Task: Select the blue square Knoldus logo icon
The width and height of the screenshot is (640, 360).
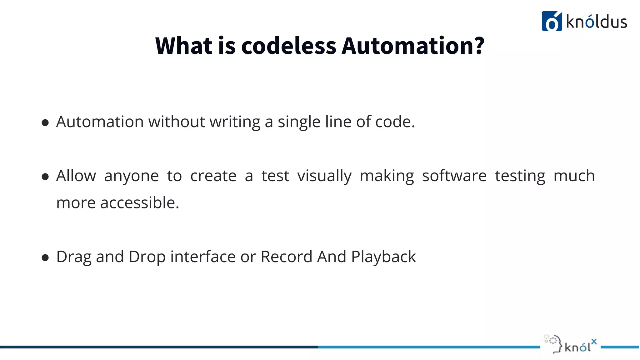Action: click(552, 21)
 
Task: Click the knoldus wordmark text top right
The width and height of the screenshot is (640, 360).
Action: click(596, 22)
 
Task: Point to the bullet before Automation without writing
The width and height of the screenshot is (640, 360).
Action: click(45, 122)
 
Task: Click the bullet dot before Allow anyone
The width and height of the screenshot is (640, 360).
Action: click(45, 177)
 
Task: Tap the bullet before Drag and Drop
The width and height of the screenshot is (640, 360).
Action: click(45, 258)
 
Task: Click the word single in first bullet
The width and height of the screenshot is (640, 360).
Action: click(299, 122)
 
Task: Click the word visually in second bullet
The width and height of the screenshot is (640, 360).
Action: click(324, 176)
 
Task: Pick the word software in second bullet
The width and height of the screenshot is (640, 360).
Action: click(454, 176)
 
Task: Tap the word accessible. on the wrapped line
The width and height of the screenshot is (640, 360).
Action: click(140, 203)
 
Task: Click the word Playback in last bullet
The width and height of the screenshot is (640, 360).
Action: click(383, 257)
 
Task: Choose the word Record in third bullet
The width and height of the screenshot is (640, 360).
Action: click(286, 257)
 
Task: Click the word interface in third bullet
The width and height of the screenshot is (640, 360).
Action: click(203, 257)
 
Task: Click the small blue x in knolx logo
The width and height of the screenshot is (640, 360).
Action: click(594, 342)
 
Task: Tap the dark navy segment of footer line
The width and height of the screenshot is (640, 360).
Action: click(156, 347)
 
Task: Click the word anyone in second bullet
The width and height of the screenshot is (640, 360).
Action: click(131, 176)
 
